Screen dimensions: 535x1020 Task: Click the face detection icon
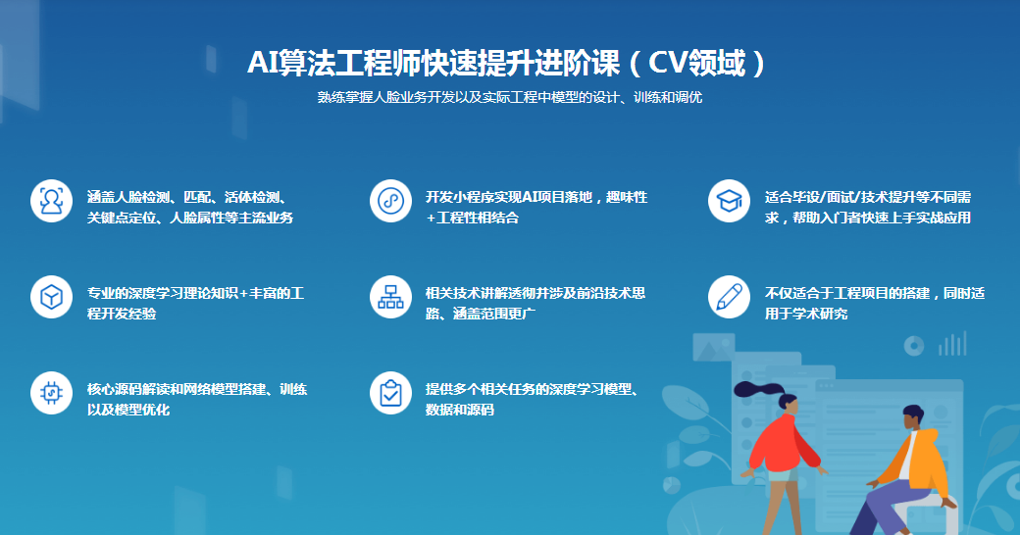click(x=51, y=201)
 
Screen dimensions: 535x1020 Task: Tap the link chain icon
click(x=390, y=201)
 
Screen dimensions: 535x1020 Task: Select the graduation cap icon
click(x=729, y=201)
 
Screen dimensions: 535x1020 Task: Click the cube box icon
click(x=51, y=297)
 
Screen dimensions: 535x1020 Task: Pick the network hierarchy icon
click(x=390, y=297)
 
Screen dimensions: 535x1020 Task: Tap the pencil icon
click(x=729, y=297)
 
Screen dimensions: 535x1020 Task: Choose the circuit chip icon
click(x=51, y=393)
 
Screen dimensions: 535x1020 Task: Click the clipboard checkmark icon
click(x=390, y=393)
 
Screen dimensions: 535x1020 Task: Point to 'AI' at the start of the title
click(x=263, y=64)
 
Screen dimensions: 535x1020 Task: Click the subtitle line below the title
click(x=509, y=98)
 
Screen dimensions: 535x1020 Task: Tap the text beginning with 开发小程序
click(x=535, y=207)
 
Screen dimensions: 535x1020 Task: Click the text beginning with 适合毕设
click(x=867, y=207)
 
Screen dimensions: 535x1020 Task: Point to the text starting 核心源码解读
click(x=196, y=399)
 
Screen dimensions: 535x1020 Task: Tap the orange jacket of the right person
click(x=921, y=461)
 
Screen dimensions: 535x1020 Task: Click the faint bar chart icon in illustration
click(x=952, y=344)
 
